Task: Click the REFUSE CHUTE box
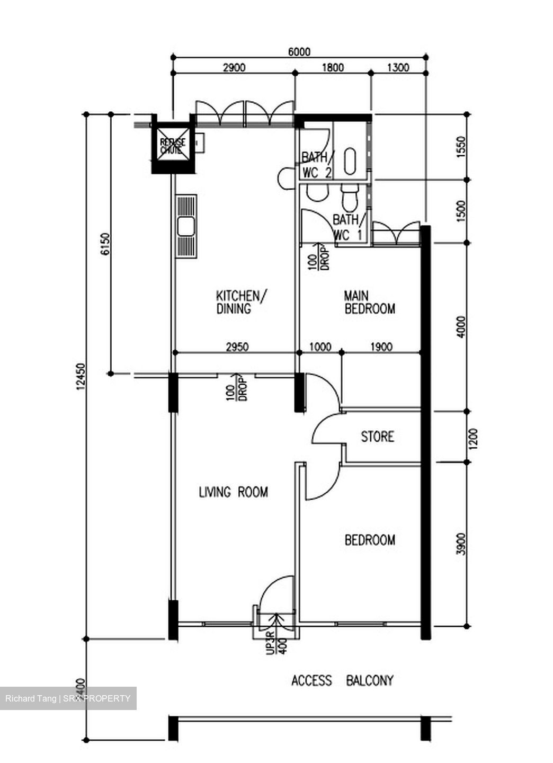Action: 173,144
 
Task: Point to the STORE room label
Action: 377,437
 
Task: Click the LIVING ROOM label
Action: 233,492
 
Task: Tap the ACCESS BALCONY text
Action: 342,680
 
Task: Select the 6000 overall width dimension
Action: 299,51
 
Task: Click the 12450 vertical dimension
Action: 81,377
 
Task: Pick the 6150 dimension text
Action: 105,244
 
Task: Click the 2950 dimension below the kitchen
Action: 237,347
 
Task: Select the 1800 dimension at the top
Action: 333,67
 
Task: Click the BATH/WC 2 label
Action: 316,165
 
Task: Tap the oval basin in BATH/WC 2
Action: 351,161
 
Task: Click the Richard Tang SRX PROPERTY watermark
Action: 68,698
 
